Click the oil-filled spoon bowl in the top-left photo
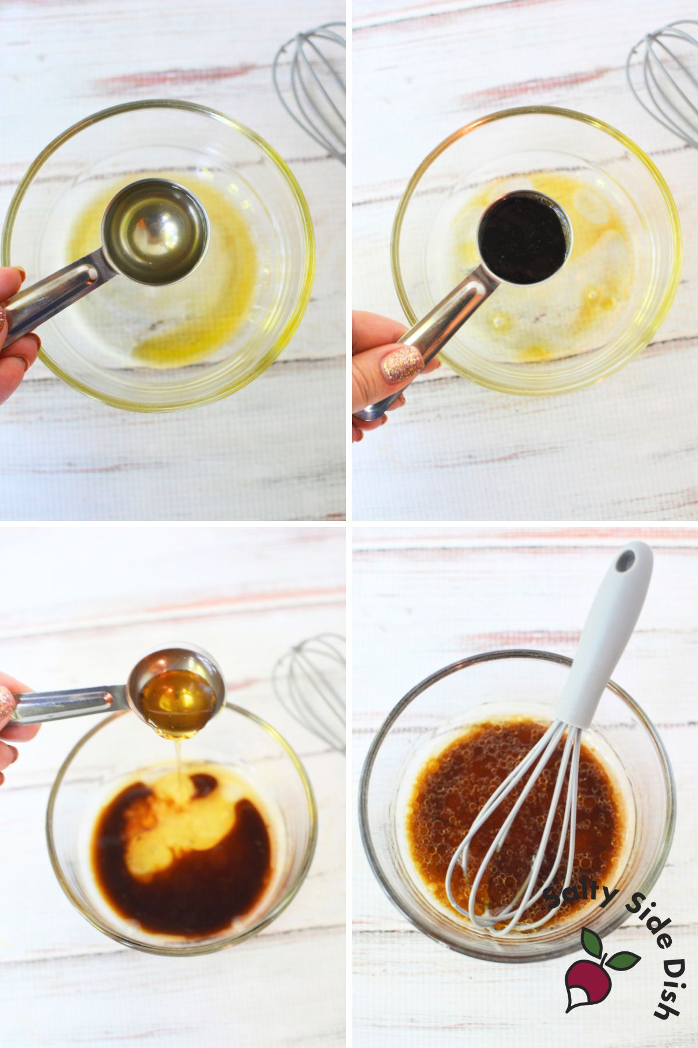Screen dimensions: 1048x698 [x=155, y=231]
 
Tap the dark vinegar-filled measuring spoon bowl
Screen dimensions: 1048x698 [x=525, y=238]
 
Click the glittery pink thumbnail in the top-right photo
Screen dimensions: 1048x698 [x=401, y=364]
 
